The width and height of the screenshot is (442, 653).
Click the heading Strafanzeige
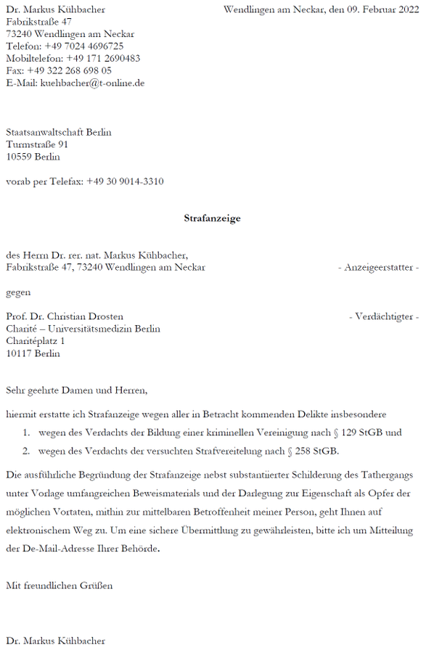coord(212,218)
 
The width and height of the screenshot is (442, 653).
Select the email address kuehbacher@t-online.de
coord(91,83)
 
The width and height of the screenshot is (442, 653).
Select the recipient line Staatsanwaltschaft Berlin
coord(59,132)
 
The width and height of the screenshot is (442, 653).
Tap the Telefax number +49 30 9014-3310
coord(125,181)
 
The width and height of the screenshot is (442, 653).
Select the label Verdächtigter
coord(384,316)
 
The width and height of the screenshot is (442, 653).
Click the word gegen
coord(19,292)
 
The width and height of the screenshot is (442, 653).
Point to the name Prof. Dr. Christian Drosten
coord(65,316)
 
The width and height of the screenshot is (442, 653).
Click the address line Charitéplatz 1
coord(36,341)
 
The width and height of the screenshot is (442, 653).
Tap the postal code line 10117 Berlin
coord(33,353)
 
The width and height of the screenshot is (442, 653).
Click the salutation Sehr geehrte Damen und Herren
coord(76,390)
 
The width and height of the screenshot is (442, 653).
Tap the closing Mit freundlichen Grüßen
coord(60,585)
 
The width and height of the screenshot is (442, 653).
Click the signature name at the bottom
coord(56,641)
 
